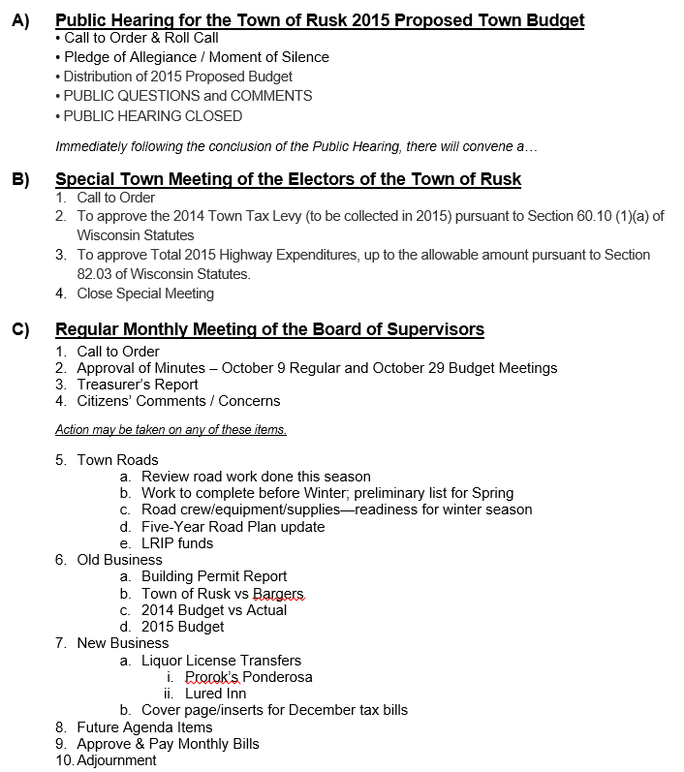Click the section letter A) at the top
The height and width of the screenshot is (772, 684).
pos(20,19)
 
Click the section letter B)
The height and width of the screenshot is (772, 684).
pos(20,179)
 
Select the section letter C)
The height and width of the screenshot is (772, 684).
pos(20,329)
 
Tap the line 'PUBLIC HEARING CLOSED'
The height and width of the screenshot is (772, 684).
pos(153,116)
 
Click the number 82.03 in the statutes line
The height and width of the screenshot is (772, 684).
pos(97,274)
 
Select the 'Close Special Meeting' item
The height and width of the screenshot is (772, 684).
pos(145,293)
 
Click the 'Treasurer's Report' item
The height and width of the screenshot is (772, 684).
pos(138,385)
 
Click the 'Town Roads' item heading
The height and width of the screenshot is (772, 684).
pos(117,460)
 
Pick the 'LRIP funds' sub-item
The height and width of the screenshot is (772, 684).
pos(177,543)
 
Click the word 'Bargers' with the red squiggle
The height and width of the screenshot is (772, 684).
pos(278,594)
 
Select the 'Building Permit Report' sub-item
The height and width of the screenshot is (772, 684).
pos(214,576)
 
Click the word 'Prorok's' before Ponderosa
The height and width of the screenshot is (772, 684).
pos(213,677)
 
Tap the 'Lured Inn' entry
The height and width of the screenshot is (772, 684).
pos(215,694)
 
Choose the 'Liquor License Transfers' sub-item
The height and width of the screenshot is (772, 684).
pos(221,661)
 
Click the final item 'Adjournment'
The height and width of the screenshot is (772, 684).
pos(116,760)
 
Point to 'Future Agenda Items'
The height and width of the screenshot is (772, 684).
pos(144,727)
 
